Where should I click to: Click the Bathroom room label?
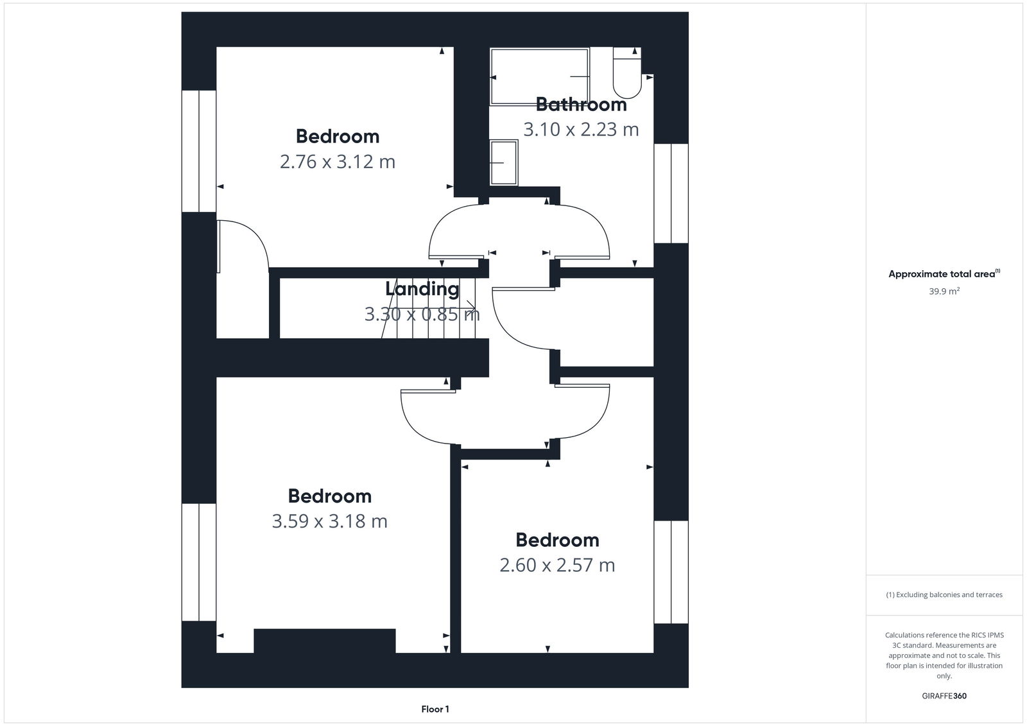coord(581,104)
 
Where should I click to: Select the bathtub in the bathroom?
coord(539,76)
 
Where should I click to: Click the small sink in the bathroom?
coord(503,163)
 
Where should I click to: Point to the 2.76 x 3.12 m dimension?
coord(337,161)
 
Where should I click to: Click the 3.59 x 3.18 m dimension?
coord(329,521)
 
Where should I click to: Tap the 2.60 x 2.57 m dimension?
coord(557,565)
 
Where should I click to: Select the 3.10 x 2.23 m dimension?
coord(581,129)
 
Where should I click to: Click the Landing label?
coord(422,289)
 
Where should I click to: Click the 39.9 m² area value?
coord(944,291)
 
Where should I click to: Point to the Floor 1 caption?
coord(435,709)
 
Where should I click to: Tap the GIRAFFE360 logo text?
coord(944,696)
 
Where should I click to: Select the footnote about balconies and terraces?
coord(944,594)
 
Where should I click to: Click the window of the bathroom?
coord(671,193)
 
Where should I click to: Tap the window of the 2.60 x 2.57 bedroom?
coord(671,571)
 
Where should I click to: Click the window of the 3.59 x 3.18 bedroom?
coord(199,562)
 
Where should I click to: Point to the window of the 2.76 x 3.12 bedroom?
coord(199,151)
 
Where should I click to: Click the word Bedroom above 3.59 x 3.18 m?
coord(329,496)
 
